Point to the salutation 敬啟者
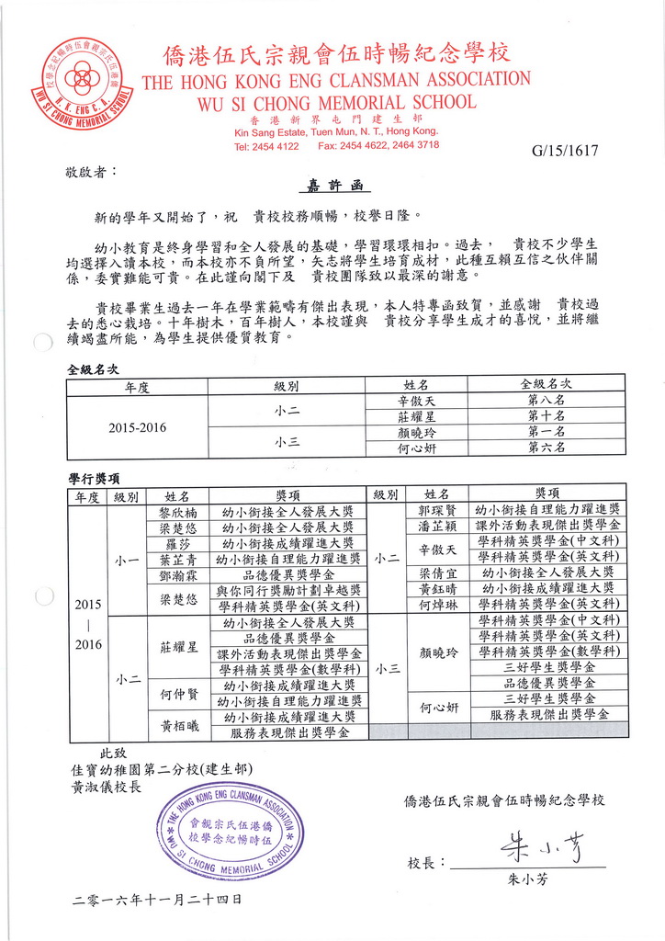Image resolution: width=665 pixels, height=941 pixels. (x=91, y=172)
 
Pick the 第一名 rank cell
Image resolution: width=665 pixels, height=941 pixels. (x=546, y=431)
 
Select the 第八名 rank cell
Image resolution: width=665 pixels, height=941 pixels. (x=546, y=401)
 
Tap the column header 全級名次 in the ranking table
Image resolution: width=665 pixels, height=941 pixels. (x=546, y=383)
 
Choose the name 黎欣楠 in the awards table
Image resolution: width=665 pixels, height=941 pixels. (x=177, y=511)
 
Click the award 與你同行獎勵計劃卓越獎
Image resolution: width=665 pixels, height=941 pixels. (x=288, y=590)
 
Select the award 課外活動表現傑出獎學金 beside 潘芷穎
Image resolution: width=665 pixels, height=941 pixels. (x=548, y=526)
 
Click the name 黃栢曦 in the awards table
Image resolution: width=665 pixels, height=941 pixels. (x=177, y=724)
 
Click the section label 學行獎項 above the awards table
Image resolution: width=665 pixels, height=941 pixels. (x=94, y=478)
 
